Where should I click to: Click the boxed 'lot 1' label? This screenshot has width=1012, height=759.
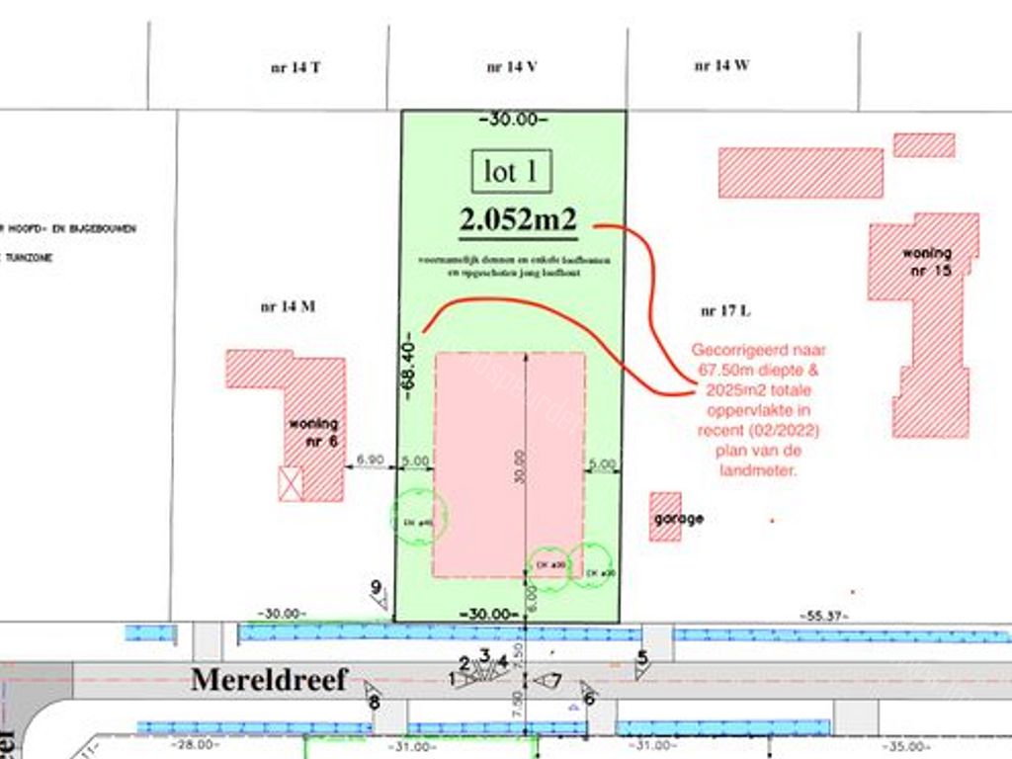(x=511, y=171)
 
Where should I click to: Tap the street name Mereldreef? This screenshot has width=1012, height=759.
(x=269, y=680)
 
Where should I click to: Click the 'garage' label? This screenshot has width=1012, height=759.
(x=678, y=518)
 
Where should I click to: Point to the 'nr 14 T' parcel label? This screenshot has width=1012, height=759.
(x=295, y=68)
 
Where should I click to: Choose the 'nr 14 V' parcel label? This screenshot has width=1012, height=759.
(x=512, y=68)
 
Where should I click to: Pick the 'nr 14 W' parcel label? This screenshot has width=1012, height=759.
(x=721, y=66)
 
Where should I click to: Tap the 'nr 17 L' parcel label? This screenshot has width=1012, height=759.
(x=725, y=310)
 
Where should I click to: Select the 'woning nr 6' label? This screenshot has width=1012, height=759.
(x=313, y=432)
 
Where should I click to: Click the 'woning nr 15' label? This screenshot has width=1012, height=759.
(x=926, y=261)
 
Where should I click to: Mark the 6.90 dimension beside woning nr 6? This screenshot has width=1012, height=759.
(x=370, y=460)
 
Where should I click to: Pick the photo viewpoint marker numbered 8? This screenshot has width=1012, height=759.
(x=373, y=696)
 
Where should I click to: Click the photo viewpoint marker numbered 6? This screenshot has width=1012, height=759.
(x=589, y=694)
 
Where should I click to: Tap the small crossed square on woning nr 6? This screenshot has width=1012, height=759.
(x=291, y=484)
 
